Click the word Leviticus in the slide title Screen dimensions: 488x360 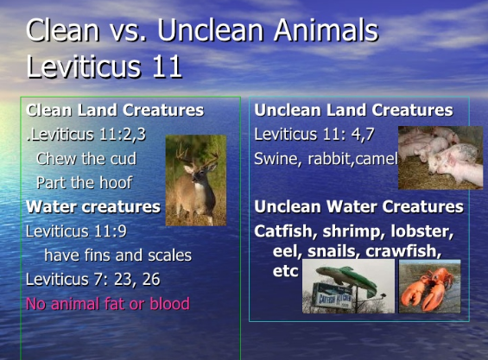tap(84, 66)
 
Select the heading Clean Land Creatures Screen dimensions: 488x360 tap(115, 111)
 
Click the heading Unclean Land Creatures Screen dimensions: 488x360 tap(353, 111)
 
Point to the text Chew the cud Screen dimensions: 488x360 tap(86, 159)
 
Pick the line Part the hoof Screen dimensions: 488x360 tap(85, 183)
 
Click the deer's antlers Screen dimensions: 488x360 tap(196, 154)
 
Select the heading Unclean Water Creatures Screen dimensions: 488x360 tap(358, 206)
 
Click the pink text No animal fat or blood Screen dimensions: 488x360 tap(108, 304)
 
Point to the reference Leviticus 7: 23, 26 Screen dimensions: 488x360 tap(93, 280)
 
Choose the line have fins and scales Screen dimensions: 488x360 tap(118, 256)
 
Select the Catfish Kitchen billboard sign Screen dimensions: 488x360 tap(333, 296)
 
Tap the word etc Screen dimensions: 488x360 tap(285, 271)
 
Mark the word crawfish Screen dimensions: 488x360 tap(403, 251)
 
